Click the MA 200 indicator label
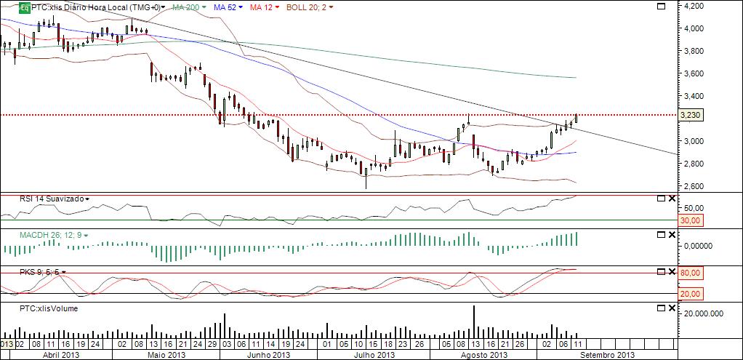pyautogui.click(x=188, y=7)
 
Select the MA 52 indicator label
pyautogui.click(x=227, y=7)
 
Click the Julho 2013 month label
pyautogui.click(x=374, y=355)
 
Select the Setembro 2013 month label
pyautogui.click(x=606, y=355)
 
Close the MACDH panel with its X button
pyautogui.click(x=671, y=235)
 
